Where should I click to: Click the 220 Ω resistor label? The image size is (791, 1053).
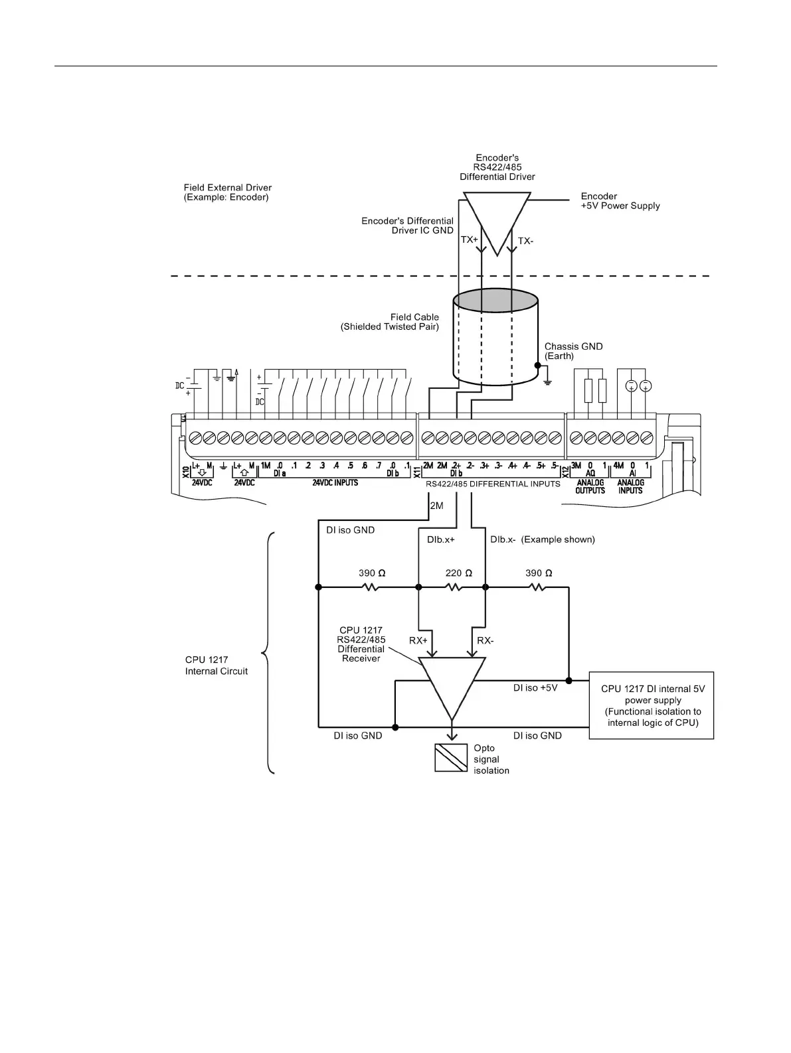458,573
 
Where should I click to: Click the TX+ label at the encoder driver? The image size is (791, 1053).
469,240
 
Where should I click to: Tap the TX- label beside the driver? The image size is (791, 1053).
525,241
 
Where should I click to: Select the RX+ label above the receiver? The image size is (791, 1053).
418,640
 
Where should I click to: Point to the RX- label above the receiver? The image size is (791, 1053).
485,640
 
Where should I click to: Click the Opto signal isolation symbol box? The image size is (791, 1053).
451,758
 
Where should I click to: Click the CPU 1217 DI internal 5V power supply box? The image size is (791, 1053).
652,705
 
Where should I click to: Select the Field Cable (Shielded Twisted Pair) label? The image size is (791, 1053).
390,322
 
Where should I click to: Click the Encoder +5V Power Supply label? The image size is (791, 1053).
620,201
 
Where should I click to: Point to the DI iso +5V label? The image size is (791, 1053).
535,688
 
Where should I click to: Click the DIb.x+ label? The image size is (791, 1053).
440,539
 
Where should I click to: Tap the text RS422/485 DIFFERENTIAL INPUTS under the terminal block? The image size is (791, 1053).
493,484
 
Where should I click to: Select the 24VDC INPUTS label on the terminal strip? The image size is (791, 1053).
335,483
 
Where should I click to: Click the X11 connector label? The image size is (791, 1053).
417,472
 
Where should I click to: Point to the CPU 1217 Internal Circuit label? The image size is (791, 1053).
216,666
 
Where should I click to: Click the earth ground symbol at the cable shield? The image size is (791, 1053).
547,381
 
